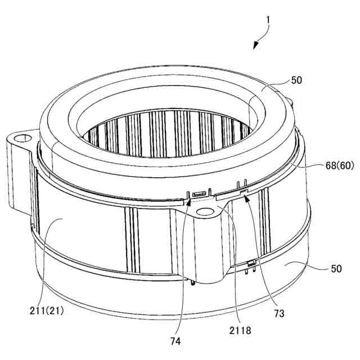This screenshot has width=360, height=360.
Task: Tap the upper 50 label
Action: (x=296, y=80)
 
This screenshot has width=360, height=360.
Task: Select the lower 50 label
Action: (x=336, y=269)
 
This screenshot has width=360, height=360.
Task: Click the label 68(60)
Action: (x=340, y=165)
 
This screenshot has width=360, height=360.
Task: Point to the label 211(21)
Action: (x=47, y=311)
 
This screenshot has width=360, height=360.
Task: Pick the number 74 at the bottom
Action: (x=175, y=341)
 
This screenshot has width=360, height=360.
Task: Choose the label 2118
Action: (x=240, y=330)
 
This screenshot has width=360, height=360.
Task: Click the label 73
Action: (x=279, y=313)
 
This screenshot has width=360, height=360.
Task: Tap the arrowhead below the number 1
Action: (x=255, y=46)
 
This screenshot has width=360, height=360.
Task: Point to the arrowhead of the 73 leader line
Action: (x=246, y=197)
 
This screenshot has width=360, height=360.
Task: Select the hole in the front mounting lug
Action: (x=206, y=211)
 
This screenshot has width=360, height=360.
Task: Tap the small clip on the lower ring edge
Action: (x=251, y=263)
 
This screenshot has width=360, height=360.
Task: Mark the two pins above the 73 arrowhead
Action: (x=242, y=184)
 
